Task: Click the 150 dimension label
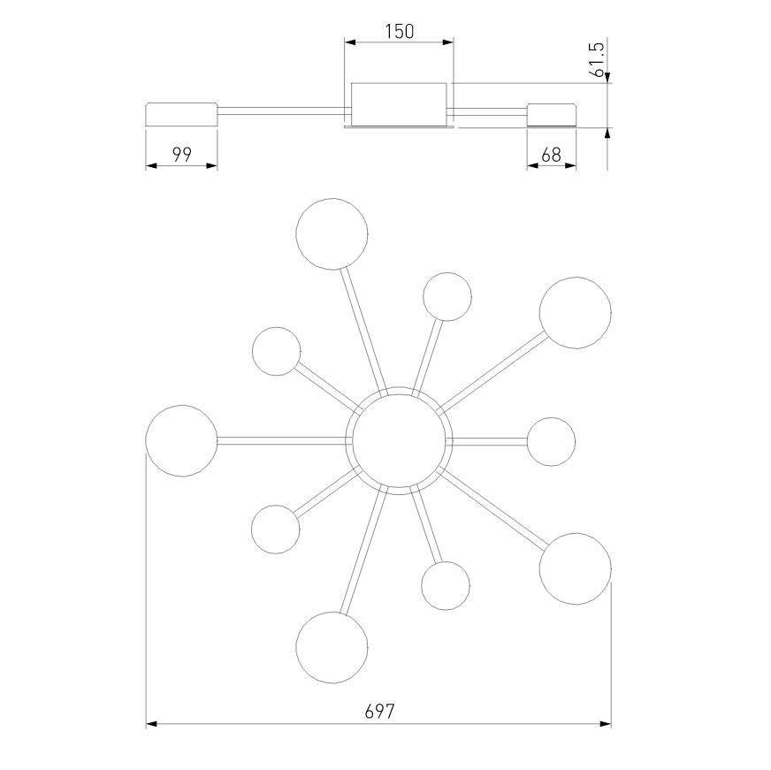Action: point(400,32)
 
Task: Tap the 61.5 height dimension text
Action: point(599,59)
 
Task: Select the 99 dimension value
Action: point(181,155)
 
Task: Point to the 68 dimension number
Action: point(551,155)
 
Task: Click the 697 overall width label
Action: point(379,711)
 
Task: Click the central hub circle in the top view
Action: point(399,440)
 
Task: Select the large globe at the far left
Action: point(181,440)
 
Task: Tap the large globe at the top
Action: point(332,234)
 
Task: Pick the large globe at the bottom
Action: point(332,647)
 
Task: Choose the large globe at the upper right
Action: point(576,313)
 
